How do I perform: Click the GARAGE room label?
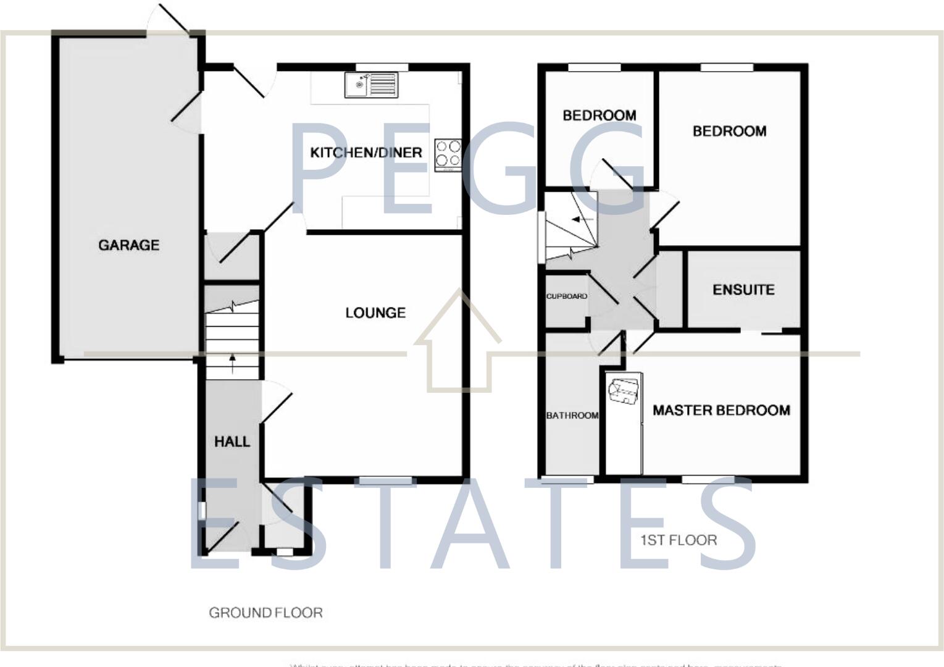click(128, 245)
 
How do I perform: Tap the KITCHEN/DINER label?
click(365, 153)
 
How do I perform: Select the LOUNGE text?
click(375, 313)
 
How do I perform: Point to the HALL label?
click(232, 442)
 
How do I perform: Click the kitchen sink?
click(372, 85)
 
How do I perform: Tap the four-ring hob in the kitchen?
click(448, 154)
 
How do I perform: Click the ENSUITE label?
click(743, 290)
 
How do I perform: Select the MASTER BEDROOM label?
click(721, 411)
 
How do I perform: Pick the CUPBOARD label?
click(567, 296)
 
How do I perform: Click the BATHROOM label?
click(572, 416)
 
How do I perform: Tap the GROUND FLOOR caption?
click(265, 613)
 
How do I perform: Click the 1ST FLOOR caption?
click(679, 540)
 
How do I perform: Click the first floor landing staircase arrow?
click(582, 219)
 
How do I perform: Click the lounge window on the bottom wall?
click(386, 480)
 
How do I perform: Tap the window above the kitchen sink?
click(382, 67)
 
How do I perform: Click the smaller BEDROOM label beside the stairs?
click(599, 115)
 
